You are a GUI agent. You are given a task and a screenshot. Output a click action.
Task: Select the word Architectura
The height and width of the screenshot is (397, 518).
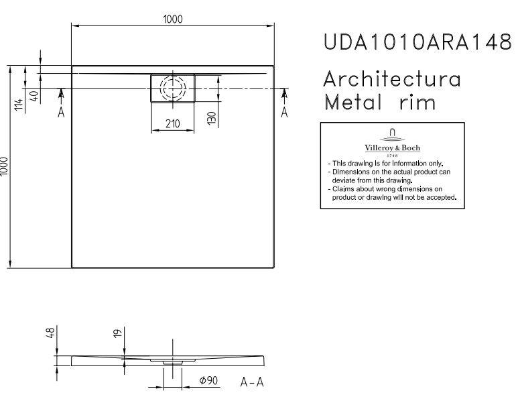392,79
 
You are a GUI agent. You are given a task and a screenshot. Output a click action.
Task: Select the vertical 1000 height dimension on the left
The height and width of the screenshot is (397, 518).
5,166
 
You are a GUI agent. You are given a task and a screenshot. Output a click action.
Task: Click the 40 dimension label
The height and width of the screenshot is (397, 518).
34,95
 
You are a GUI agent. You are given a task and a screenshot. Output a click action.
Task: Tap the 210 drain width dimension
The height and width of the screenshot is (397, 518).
173,123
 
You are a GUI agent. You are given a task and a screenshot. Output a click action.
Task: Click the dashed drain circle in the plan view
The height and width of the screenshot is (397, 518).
173,88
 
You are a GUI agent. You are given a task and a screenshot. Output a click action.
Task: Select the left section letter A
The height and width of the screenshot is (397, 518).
61,113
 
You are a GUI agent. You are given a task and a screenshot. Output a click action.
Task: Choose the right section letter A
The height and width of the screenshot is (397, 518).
284,113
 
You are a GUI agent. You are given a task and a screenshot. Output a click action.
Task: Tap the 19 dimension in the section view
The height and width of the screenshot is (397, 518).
117,333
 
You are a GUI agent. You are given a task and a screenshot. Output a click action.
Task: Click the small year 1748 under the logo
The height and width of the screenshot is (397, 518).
392,155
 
